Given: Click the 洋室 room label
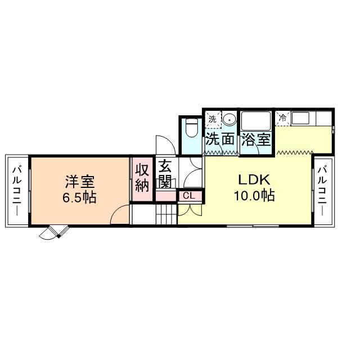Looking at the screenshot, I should pyautogui.click(x=79, y=182).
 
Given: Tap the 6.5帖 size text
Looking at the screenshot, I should pyautogui.click(x=79, y=197).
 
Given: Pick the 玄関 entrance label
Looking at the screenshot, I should pyautogui.click(x=165, y=175).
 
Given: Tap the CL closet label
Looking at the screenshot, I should pyautogui.click(x=188, y=196).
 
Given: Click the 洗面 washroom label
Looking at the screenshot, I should pyautogui.click(x=219, y=139).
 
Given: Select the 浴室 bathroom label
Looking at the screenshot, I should pyautogui.click(x=256, y=139).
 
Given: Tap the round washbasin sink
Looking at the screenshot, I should pyautogui.click(x=229, y=119).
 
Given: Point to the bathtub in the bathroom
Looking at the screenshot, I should pyautogui.click(x=256, y=121).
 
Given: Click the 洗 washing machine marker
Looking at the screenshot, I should pyautogui.click(x=212, y=119).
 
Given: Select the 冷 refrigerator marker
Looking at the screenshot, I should pyautogui.click(x=283, y=118).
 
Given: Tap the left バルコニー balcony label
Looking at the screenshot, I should pyautogui.click(x=17, y=190).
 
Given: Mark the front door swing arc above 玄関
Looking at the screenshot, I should pyautogui.click(x=163, y=145).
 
